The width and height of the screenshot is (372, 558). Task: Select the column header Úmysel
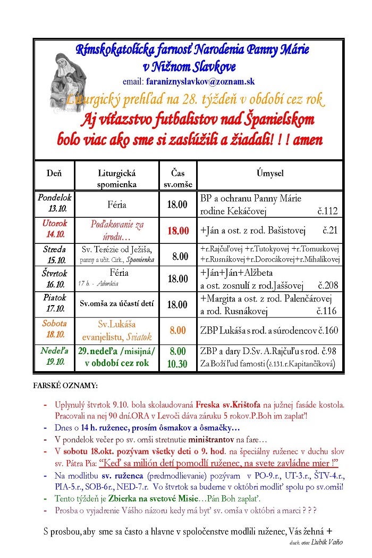tap(269, 174)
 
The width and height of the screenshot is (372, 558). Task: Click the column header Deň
tap(54, 174)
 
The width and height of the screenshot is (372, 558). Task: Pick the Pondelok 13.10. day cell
tap(54, 203)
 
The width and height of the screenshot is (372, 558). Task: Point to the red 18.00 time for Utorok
tap(178, 231)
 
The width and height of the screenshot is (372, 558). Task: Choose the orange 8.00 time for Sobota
tap(178, 331)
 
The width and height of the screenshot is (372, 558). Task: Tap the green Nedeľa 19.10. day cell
tap(54, 356)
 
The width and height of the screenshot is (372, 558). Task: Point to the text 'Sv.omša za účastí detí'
tap(117, 303)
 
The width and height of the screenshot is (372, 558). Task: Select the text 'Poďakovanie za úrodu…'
tap(117, 230)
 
